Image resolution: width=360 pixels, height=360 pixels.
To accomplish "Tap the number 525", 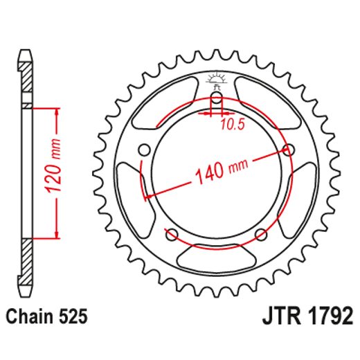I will pos(73,317).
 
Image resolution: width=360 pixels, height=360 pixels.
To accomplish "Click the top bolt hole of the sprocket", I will pos(216,100).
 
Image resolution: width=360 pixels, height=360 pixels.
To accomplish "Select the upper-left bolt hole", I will pos(145,150).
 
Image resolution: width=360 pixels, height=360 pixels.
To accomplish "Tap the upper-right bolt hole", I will pos(288,150).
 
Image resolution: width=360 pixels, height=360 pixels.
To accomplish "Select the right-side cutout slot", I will pos(305,195).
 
